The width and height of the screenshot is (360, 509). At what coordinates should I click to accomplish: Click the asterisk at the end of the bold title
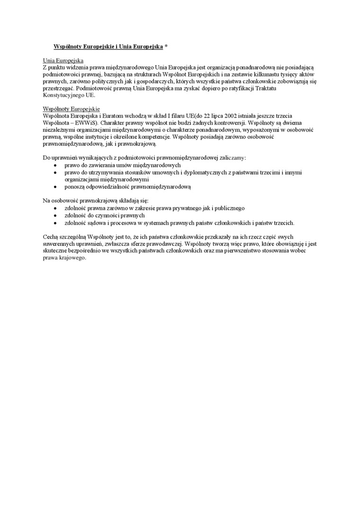point(166,47)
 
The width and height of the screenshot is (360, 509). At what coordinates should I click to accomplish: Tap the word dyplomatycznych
point(205,173)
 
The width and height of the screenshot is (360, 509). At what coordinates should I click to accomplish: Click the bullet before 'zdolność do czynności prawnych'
point(55,215)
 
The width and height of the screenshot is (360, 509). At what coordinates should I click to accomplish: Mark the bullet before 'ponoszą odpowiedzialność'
point(55,187)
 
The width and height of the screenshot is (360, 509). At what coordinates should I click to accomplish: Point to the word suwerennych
point(59,244)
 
